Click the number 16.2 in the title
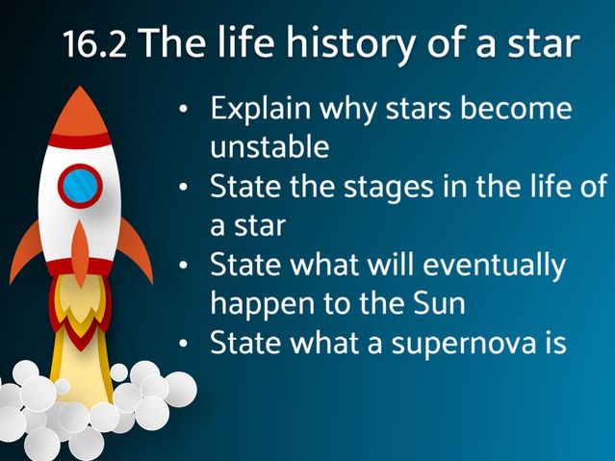(x=95, y=44)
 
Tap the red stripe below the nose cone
(x=80, y=141)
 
